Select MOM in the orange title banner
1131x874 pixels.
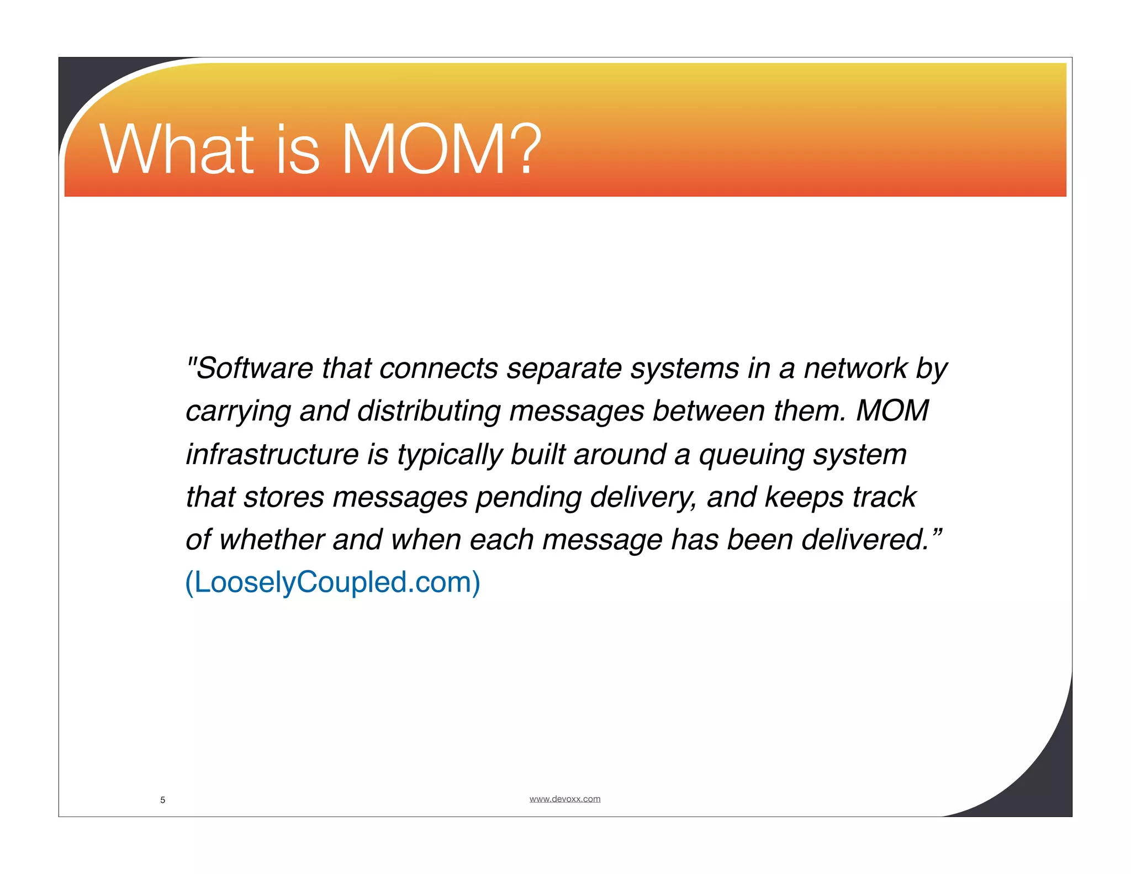pyautogui.click(x=422, y=149)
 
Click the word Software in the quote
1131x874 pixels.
pyautogui.click(x=254, y=368)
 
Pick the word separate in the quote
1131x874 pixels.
pyautogui.click(x=564, y=368)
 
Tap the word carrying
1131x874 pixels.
pyautogui.click(x=238, y=412)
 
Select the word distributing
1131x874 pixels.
pyautogui.click(x=429, y=412)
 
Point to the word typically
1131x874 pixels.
pyautogui.click(x=450, y=455)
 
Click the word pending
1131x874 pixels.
pyautogui.click(x=528, y=497)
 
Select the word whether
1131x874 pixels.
pyautogui.click(x=271, y=540)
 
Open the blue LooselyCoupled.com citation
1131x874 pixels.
pyautogui.click(x=332, y=582)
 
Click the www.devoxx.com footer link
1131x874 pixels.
pyautogui.click(x=564, y=799)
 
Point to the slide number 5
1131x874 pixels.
pyautogui.click(x=162, y=800)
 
